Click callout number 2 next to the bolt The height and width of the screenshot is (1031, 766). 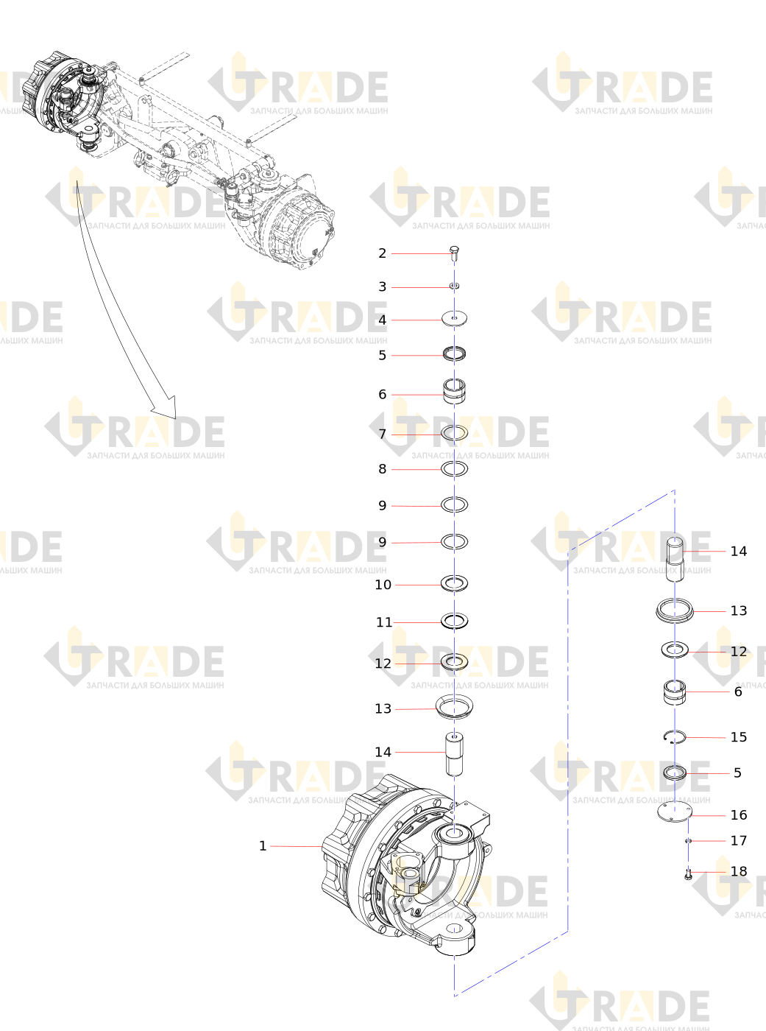[x=382, y=253]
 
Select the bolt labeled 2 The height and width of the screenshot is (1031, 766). [x=455, y=253]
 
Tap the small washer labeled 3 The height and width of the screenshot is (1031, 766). [x=455, y=286]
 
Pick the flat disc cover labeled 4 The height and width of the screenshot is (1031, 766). [x=454, y=318]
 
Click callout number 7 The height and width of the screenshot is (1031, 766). [x=382, y=434]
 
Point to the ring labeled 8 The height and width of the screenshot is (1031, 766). [x=454, y=468]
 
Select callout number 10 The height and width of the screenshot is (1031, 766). [x=383, y=585]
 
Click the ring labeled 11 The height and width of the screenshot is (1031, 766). [x=454, y=621]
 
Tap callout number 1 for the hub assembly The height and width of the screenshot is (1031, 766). [x=263, y=846]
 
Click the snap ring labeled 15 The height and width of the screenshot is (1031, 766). [x=675, y=736]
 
